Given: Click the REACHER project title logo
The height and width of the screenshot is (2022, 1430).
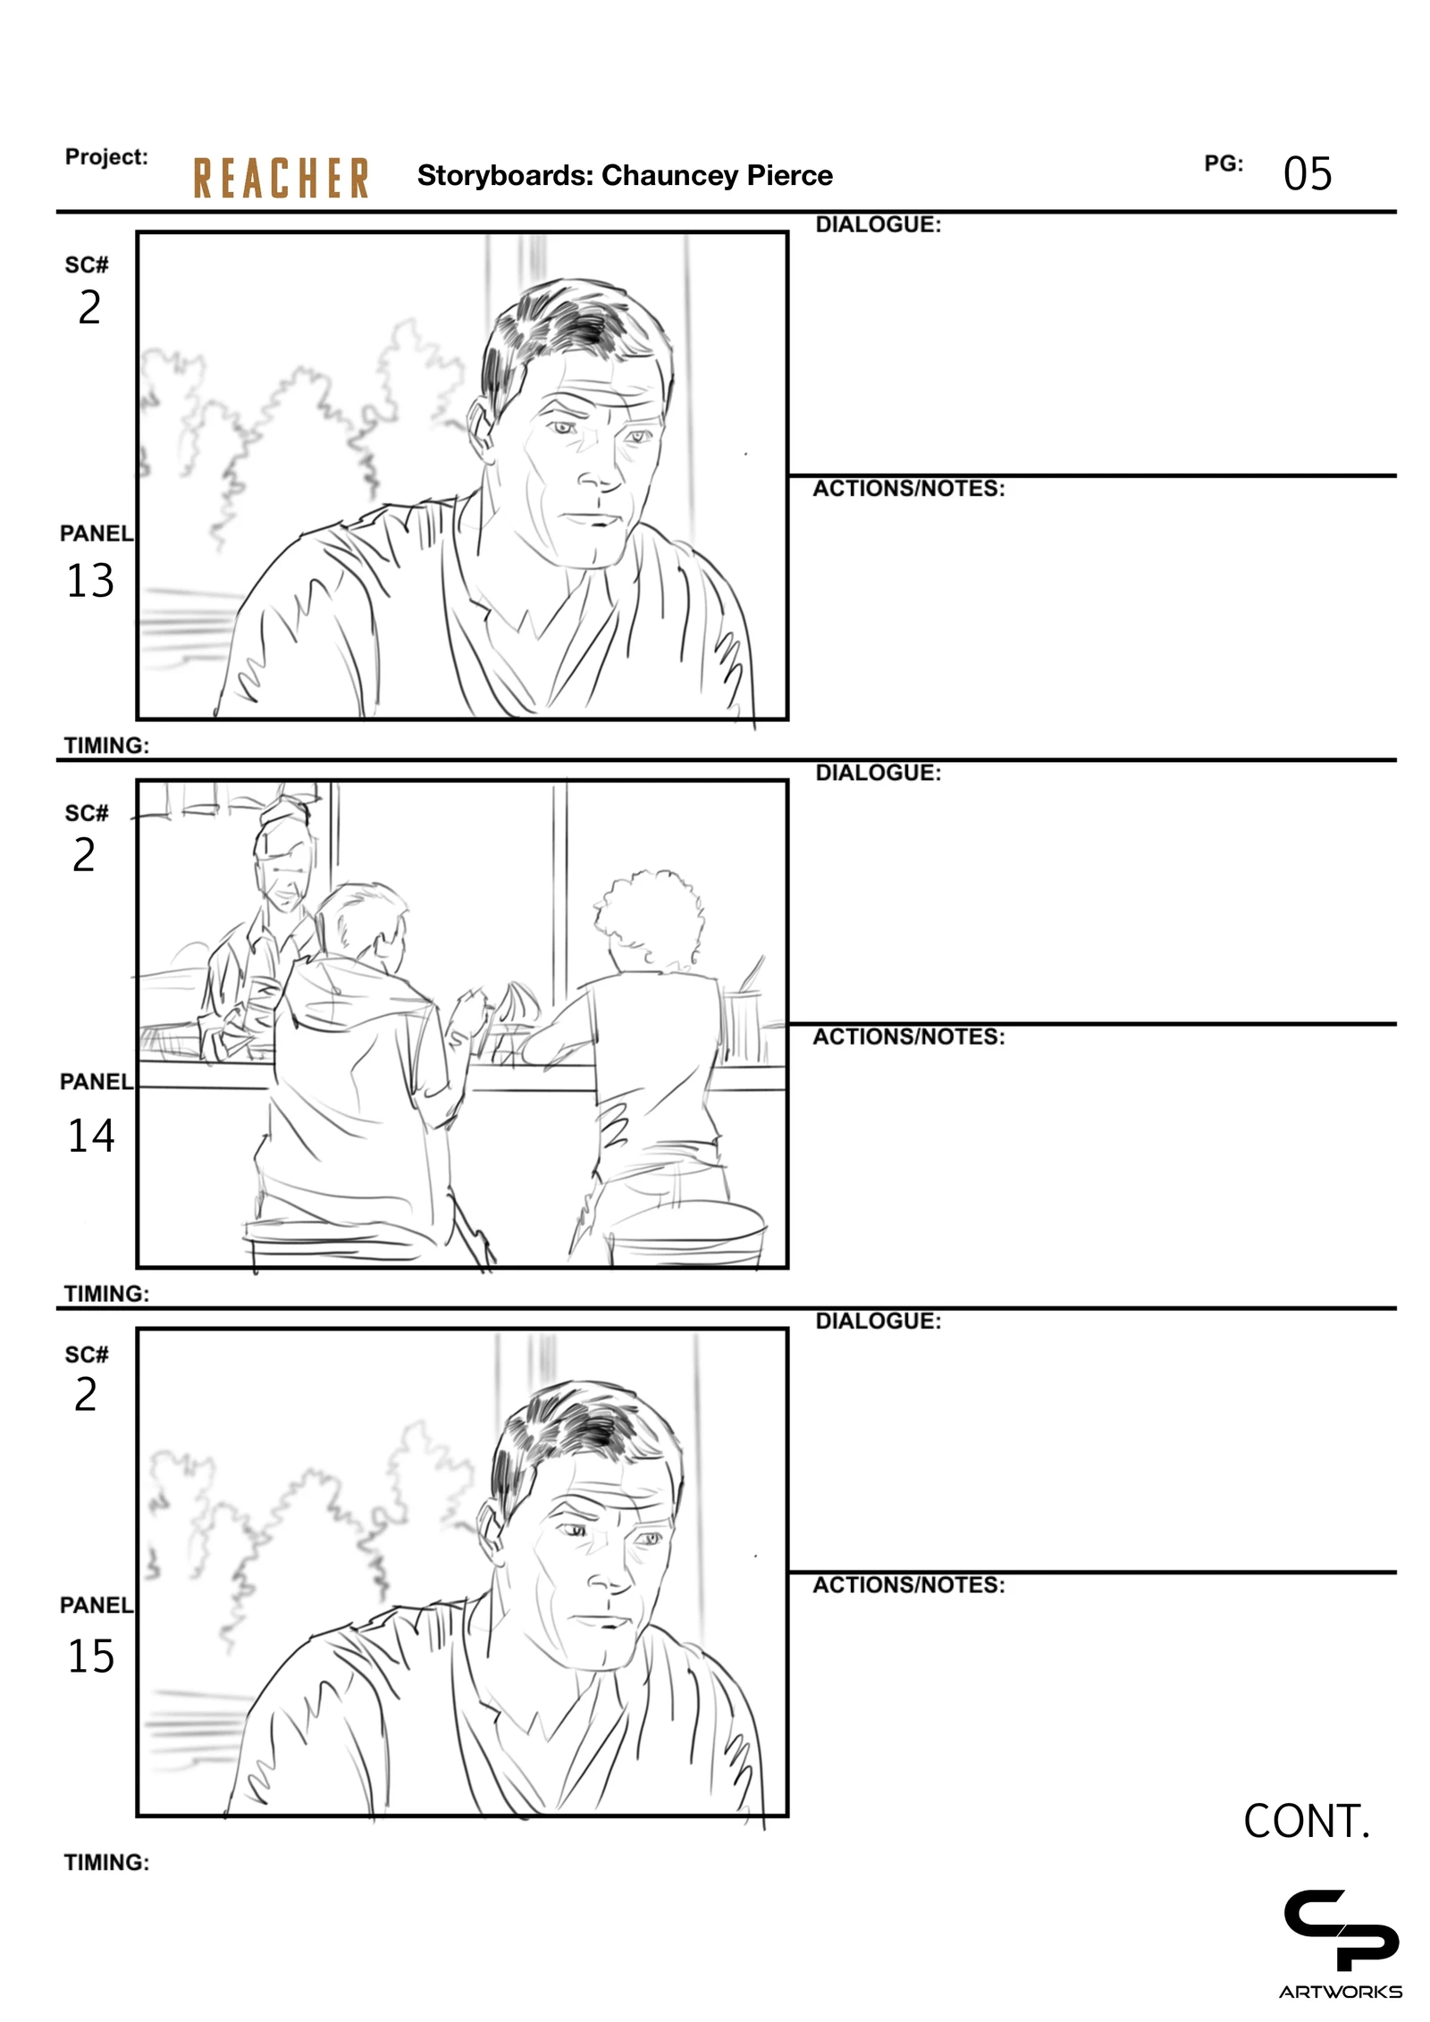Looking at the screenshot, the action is tap(281, 178).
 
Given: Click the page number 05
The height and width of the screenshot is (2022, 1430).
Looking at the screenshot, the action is tap(1307, 173).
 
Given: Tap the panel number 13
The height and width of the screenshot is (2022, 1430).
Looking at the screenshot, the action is tap(90, 581).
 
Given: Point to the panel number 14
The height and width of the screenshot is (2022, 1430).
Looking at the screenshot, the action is tap(91, 1136).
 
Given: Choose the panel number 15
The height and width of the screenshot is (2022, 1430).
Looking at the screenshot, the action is tap(91, 1656).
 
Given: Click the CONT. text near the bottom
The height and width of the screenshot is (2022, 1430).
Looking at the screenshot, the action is tap(1306, 1821).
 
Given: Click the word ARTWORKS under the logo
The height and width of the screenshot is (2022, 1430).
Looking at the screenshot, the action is tap(1340, 1992).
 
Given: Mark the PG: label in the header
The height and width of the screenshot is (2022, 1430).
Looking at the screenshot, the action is tap(1224, 164).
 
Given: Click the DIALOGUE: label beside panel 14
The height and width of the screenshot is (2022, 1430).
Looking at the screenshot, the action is tap(878, 773).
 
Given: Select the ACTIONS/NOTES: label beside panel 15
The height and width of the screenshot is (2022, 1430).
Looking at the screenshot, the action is tap(908, 1585).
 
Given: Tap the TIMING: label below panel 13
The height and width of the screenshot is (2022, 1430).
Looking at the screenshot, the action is tap(106, 745).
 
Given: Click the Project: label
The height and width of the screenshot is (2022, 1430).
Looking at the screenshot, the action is tap(106, 157).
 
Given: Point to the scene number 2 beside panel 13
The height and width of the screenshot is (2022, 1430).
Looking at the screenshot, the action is tap(89, 307).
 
